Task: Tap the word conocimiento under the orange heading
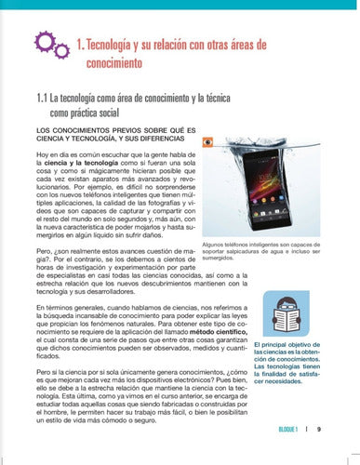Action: click(114, 65)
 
